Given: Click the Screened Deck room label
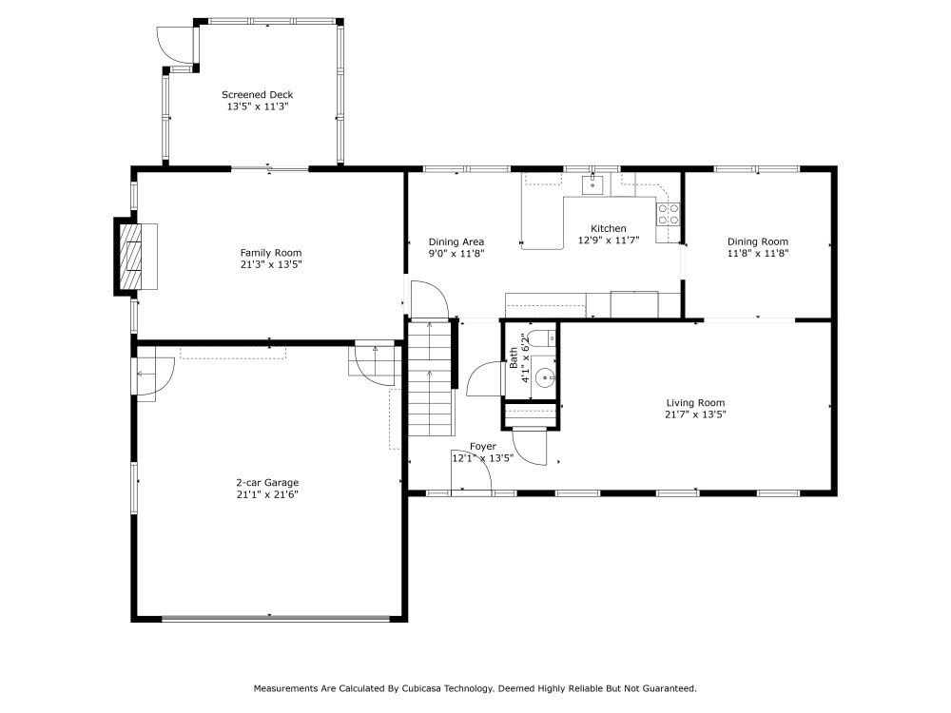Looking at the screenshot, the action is [x=257, y=94].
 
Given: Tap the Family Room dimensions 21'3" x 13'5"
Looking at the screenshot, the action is [x=270, y=264].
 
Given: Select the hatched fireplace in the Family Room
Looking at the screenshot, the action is [x=129, y=257].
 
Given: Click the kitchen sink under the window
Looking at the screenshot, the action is [x=592, y=184].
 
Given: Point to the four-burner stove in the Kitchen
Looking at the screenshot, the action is [x=668, y=213].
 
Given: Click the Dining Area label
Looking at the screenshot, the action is [x=456, y=241].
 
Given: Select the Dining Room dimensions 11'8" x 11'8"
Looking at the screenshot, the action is [x=758, y=254].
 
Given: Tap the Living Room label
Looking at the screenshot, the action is [x=695, y=402].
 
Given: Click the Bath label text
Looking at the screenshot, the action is [x=514, y=357].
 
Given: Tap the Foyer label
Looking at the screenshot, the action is [x=483, y=446].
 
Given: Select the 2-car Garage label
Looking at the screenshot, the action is [x=267, y=483].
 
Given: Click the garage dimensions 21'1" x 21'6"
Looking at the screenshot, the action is [x=267, y=494].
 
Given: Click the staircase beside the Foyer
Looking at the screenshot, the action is [x=431, y=377].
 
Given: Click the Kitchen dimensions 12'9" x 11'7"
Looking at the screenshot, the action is [x=609, y=241].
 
